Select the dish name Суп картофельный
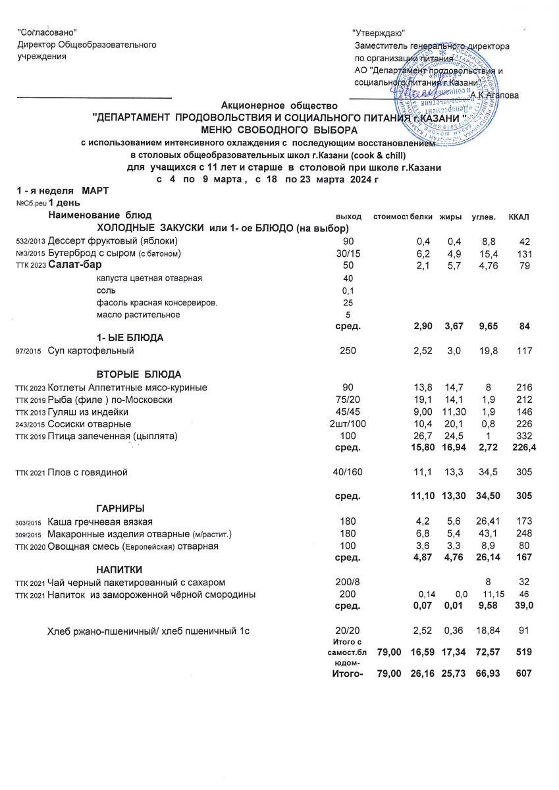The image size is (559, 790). [91, 351]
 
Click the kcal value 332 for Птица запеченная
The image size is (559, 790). [523, 436]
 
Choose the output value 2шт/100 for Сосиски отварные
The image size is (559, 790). [347, 424]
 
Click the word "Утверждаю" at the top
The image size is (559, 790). [378, 33]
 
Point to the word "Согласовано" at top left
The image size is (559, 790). [47, 32]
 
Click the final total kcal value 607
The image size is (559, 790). [523, 674]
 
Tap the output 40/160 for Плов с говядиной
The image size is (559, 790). [347, 472]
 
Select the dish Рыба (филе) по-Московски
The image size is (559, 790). [111, 400]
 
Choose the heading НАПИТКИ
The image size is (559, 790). [119, 569]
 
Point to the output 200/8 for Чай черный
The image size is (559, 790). [347, 583]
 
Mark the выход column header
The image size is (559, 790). [348, 216]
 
